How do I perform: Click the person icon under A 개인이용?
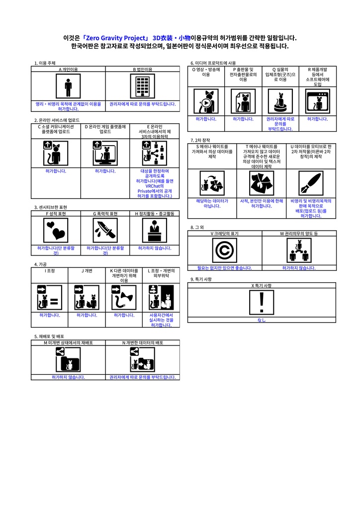click(x=68, y=87)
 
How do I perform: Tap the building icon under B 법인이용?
click(x=142, y=87)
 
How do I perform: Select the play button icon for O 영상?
click(x=206, y=102)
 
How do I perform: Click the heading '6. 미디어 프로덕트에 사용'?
click(x=213, y=63)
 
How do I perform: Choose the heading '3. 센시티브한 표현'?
click(x=51, y=207)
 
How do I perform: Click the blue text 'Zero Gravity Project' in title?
click(x=118, y=38)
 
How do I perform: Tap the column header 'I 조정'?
click(x=50, y=271)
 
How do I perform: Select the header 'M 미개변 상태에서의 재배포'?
click(x=68, y=343)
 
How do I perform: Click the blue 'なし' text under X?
click(x=262, y=320)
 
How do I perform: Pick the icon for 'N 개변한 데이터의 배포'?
click(x=142, y=360)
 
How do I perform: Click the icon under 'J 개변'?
click(x=87, y=297)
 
